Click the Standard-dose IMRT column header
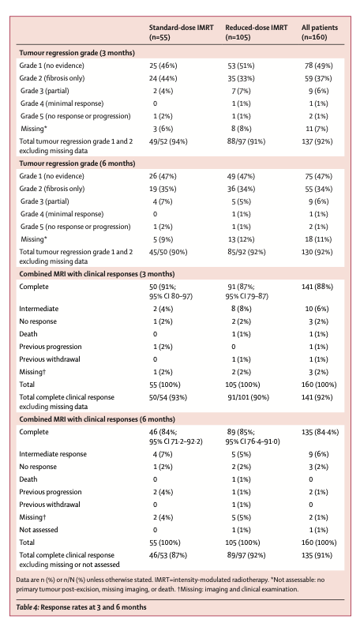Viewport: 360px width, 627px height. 181,32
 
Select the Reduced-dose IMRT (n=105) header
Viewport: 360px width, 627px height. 256,32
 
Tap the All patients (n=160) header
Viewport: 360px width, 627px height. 319,32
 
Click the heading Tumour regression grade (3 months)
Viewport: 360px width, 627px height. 77,53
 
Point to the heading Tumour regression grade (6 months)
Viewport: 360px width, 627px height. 77,163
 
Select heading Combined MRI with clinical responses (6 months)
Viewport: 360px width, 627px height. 97,419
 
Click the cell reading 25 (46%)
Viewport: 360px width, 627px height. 163,66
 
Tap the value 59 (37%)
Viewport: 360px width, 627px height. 318,78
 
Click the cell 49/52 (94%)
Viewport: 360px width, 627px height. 168,141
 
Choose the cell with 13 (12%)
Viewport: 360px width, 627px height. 241,239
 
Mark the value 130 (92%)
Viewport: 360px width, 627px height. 317,253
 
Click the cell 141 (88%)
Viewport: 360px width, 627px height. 317,287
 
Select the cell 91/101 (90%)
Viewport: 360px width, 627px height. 248,397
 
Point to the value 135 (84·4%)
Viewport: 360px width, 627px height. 320,432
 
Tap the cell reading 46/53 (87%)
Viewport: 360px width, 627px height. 168,555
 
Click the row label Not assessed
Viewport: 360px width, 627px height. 39,530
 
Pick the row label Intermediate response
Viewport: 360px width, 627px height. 53,454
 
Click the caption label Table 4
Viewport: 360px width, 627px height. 27,607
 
